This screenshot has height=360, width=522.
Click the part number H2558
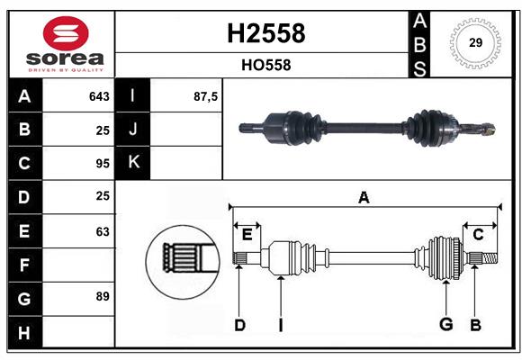tap(266, 33)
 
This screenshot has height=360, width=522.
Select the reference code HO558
tap(265, 66)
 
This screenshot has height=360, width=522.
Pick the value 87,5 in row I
tap(206, 96)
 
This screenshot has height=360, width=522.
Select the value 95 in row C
tap(102, 164)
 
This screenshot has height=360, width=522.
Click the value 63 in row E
tap(102, 231)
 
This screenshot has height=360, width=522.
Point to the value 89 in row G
tap(102, 295)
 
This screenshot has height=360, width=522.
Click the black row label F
tap(24, 265)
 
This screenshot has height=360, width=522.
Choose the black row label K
tap(133, 163)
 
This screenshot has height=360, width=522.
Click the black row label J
tap(133, 130)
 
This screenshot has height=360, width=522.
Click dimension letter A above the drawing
tap(364, 197)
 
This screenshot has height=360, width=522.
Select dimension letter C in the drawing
tap(478, 235)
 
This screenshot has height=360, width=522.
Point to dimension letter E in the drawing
tap(247, 235)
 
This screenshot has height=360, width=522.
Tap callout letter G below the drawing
tap(445, 325)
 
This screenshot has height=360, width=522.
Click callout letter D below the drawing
tap(239, 325)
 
